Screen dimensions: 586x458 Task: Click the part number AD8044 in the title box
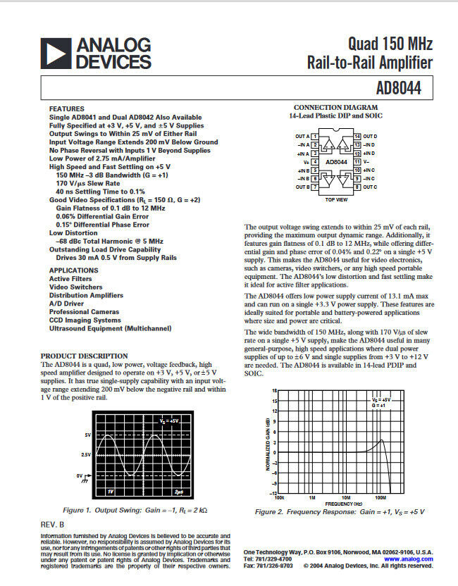point(407,89)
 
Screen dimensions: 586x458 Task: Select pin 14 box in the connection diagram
point(358,136)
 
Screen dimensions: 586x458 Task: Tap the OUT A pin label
point(302,136)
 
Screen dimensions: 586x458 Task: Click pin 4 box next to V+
point(314,161)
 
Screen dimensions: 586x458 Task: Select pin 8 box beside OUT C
point(358,187)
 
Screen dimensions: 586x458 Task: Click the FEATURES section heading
point(67,108)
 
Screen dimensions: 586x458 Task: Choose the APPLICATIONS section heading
point(74,270)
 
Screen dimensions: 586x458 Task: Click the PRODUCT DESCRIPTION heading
point(85,356)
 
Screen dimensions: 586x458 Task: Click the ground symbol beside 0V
point(87,477)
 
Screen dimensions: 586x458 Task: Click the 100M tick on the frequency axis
point(380,497)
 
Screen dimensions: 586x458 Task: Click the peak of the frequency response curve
point(382,441)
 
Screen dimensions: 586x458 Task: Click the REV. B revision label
point(53,524)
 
